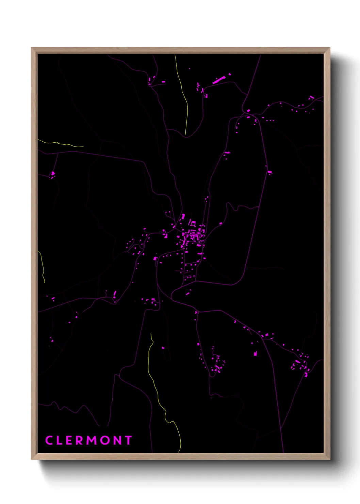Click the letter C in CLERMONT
point(49,440)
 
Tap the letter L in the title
point(61,440)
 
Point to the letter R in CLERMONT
point(79,440)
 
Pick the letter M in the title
point(92,440)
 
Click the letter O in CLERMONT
point(105,440)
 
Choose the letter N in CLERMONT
point(117,440)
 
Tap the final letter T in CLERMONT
point(128,440)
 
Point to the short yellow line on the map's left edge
point(42,266)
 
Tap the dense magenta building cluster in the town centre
point(192,235)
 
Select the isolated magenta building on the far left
point(53,175)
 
